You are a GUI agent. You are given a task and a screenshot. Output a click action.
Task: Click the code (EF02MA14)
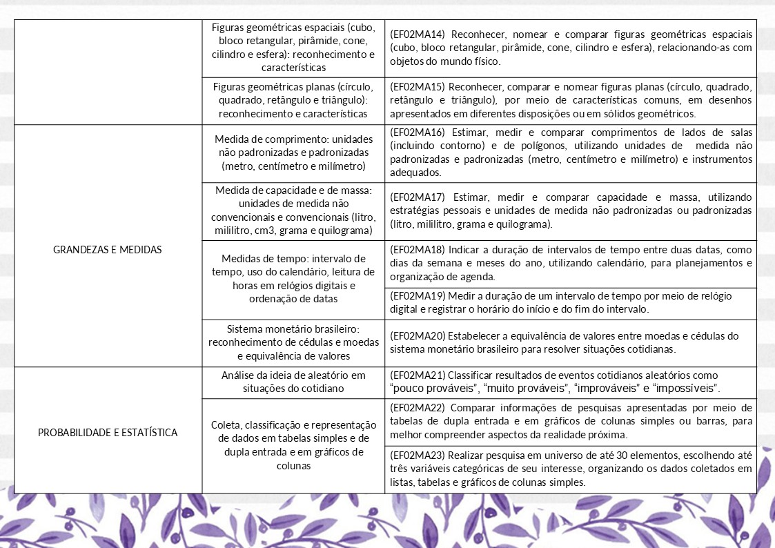(x=419, y=35)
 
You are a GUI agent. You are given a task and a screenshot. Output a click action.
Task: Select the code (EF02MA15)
(x=419, y=87)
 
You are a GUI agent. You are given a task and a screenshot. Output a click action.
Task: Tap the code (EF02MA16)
(x=419, y=132)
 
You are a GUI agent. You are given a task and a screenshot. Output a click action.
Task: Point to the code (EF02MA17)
(x=419, y=198)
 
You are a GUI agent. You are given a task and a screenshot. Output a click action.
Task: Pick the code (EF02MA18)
(x=419, y=250)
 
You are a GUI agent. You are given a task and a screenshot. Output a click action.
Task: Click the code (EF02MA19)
(x=419, y=296)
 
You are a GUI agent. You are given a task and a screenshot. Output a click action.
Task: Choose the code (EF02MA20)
(x=419, y=336)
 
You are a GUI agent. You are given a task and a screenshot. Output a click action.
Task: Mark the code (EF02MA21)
(x=419, y=375)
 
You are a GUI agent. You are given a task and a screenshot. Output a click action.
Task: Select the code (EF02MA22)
(x=419, y=407)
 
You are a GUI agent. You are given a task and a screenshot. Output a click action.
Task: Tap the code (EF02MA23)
(x=419, y=456)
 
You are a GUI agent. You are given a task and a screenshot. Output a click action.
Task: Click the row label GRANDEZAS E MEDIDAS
(x=108, y=250)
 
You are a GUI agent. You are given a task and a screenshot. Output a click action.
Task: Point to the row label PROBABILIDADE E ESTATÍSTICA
(x=108, y=433)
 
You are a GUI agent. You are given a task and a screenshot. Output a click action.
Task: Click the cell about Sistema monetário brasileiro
(x=293, y=342)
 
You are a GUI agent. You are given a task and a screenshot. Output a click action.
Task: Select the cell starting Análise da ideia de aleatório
(x=293, y=382)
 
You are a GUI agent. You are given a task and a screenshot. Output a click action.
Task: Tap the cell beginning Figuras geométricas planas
(x=293, y=100)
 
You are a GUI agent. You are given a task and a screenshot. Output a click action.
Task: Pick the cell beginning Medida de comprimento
(x=293, y=152)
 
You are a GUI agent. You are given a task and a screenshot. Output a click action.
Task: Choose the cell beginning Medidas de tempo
(x=293, y=279)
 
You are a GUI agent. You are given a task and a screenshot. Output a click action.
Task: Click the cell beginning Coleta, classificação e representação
(x=293, y=445)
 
